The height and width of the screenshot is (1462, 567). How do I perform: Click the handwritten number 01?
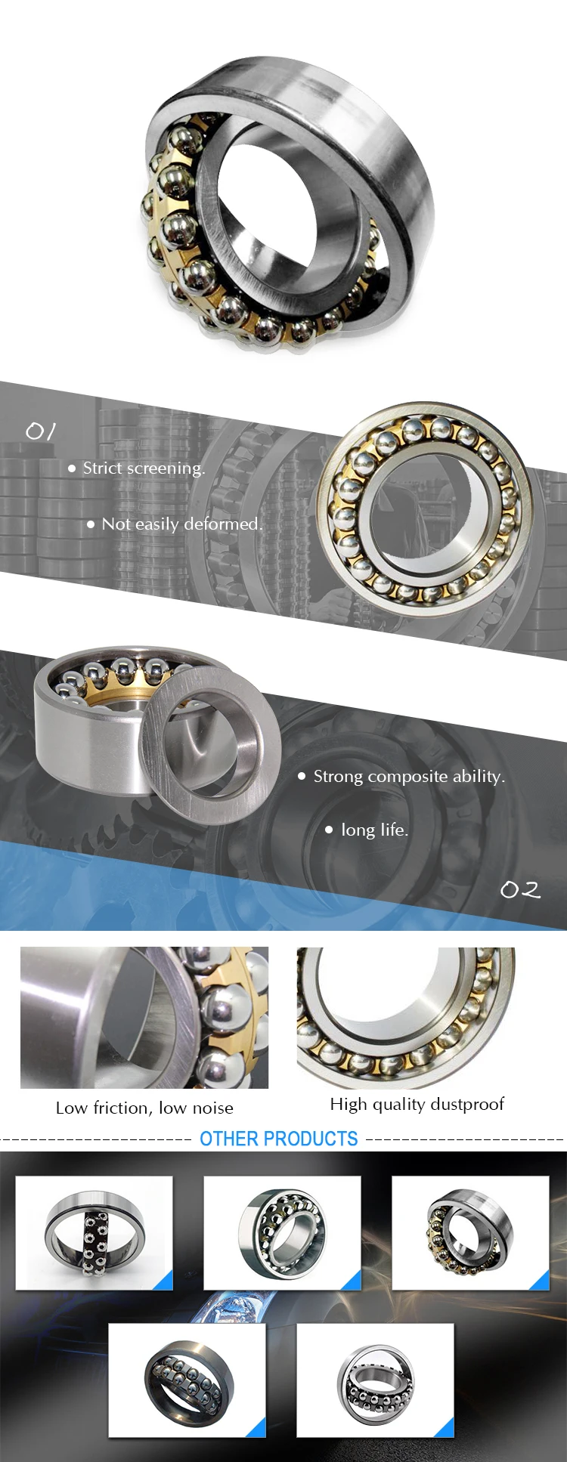pyautogui.click(x=41, y=431)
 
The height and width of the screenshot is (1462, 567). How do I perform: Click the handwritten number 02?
pyautogui.click(x=521, y=889)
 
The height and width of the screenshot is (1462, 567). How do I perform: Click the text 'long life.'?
pyautogui.click(x=374, y=830)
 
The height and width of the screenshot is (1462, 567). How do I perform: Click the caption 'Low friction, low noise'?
pyautogui.click(x=144, y=1108)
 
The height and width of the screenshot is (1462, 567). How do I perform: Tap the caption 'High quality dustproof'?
pyautogui.click(x=417, y=1104)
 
